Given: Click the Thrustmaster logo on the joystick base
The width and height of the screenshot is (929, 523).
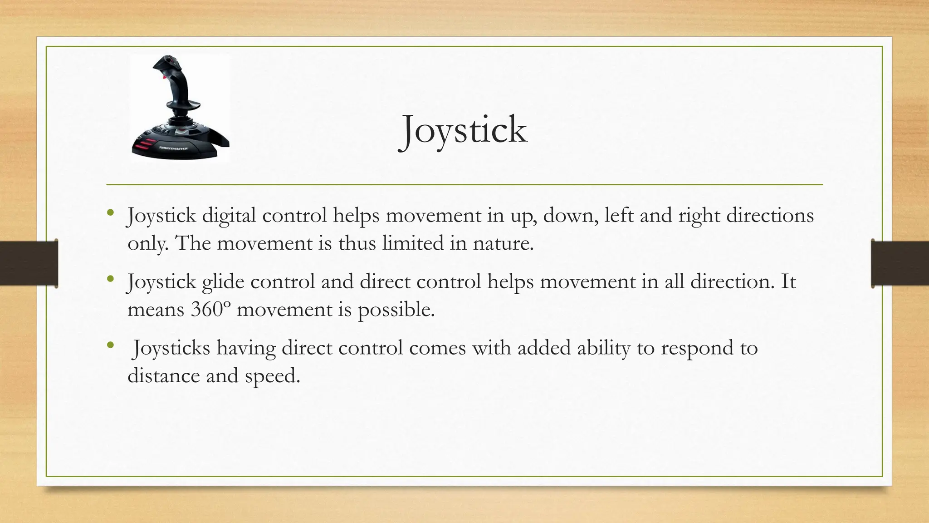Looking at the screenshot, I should tap(173, 148).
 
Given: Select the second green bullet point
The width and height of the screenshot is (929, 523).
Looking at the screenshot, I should tap(110, 279).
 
